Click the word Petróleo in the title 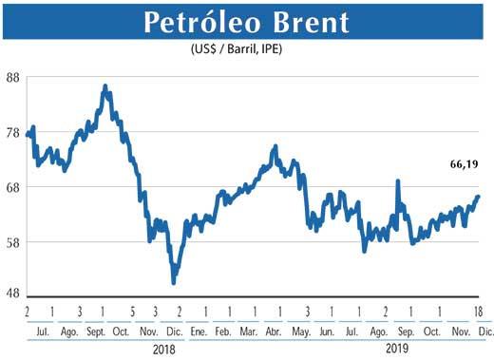(x=199, y=23)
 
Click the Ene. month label (x=199, y=332)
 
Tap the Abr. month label (x=275, y=332)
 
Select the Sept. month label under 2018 (x=97, y=332)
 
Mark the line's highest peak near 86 (x=104, y=86)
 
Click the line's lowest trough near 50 (x=173, y=282)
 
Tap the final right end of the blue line (x=478, y=196)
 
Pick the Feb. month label (x=222, y=332)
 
